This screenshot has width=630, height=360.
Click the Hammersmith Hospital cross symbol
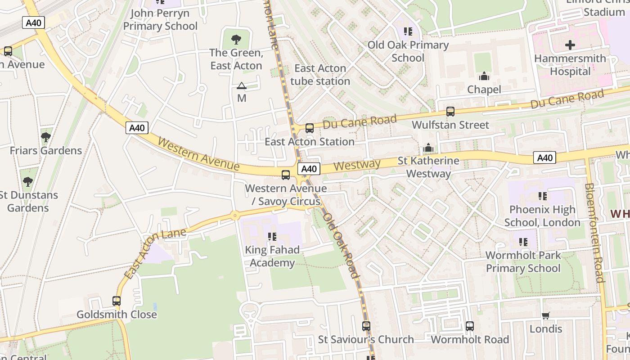(570, 45)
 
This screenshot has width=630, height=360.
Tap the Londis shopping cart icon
(546, 315)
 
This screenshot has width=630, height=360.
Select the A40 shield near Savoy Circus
(309, 169)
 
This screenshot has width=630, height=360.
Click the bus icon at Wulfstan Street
(450, 112)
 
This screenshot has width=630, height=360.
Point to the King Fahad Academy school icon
(272, 236)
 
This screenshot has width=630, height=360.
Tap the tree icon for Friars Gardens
(45, 137)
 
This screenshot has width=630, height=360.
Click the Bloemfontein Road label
(594, 233)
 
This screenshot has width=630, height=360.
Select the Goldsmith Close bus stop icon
(117, 301)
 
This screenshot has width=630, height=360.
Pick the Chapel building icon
(484, 76)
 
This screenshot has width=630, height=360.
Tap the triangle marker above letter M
(242, 85)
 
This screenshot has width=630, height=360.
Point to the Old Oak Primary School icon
(408, 31)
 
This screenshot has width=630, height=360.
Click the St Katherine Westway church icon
(428, 148)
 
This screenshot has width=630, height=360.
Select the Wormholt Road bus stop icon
(470, 326)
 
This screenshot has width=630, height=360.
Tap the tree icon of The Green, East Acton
(236, 40)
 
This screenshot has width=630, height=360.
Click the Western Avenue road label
(198, 154)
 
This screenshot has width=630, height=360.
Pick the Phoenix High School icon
(543, 196)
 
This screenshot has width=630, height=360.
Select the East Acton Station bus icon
(310, 128)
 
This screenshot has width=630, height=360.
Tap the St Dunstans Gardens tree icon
(28, 181)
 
